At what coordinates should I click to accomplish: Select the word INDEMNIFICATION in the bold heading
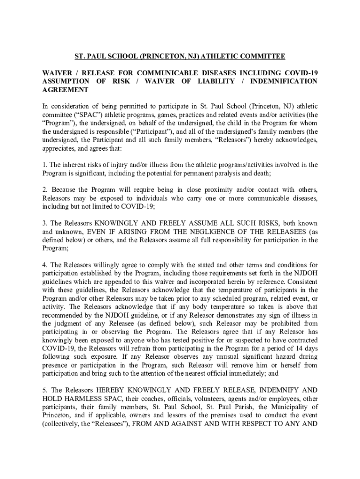point(288,81)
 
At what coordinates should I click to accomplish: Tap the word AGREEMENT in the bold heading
point(65,90)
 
